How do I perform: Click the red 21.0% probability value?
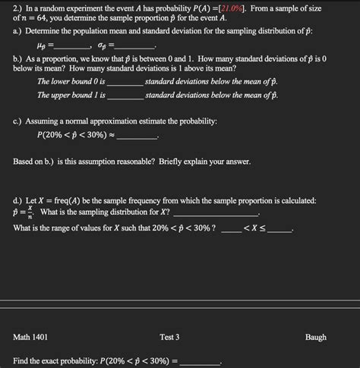tap(229, 8)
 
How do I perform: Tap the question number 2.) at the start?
tap(21, 8)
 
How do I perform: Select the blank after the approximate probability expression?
tap(137, 137)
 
